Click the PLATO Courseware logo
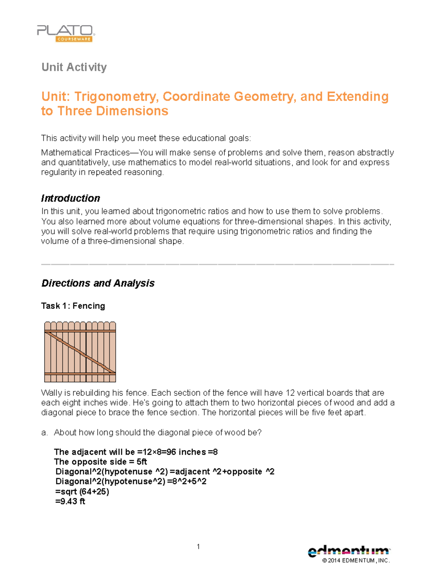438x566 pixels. click(66, 33)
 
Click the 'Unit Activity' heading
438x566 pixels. click(74, 67)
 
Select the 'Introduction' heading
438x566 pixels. click(70, 198)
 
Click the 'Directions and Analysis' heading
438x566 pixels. click(98, 283)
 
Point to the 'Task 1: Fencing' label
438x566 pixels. click(73, 306)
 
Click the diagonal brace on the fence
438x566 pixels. click(80, 352)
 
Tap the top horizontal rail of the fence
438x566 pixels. click(80, 331)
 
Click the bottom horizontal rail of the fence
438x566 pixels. click(80, 374)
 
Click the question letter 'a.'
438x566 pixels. click(45, 433)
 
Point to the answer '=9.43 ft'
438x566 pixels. click(70, 501)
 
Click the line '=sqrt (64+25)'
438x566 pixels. click(82, 492)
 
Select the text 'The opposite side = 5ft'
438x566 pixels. click(100, 462)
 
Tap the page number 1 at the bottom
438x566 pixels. click(198, 546)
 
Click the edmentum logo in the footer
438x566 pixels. click(349, 551)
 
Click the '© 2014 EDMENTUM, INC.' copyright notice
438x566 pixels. click(356, 561)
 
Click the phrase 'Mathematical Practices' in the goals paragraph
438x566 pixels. click(85, 153)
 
